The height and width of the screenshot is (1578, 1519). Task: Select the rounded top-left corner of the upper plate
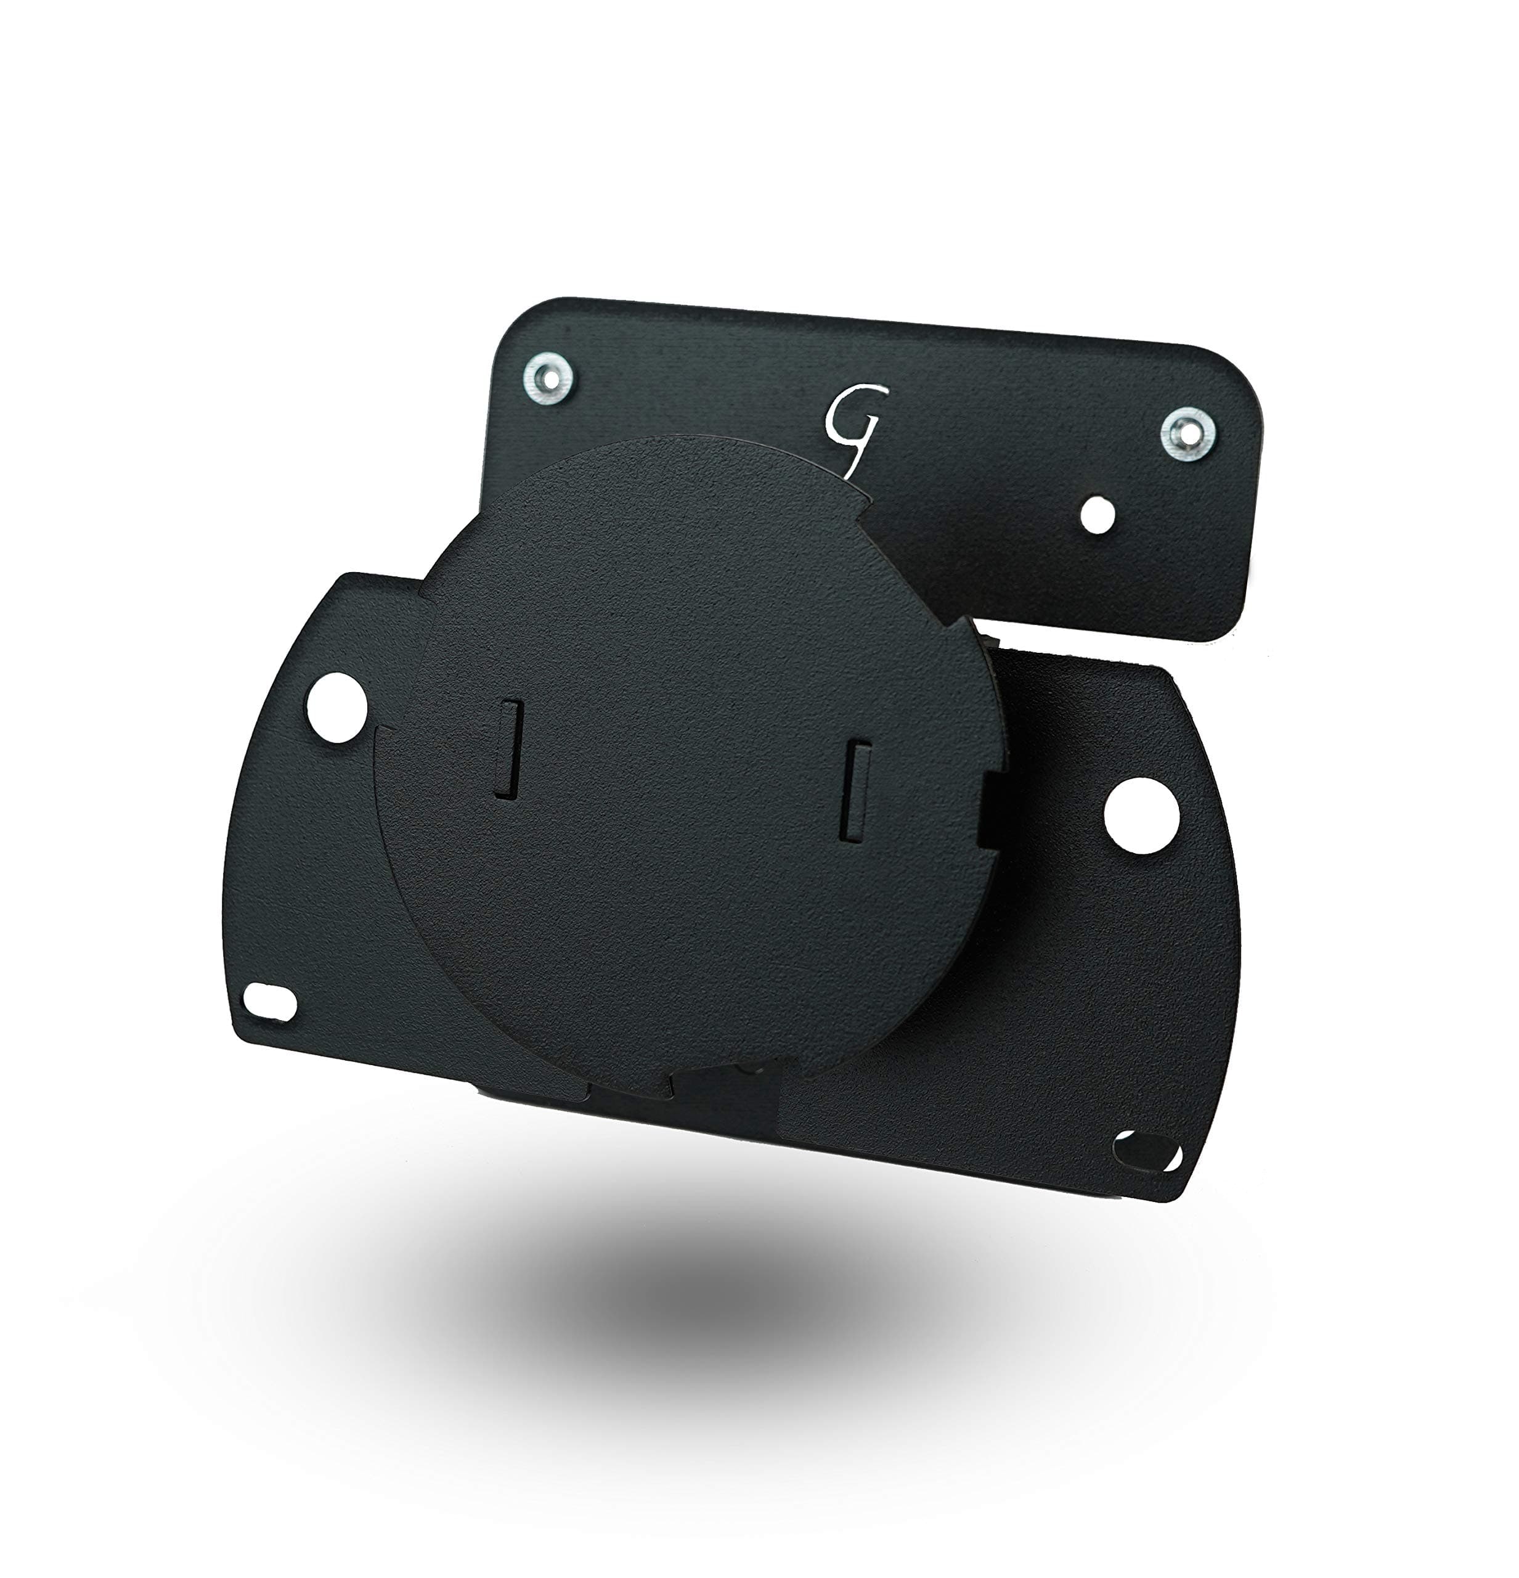pyautogui.click(x=515, y=318)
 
